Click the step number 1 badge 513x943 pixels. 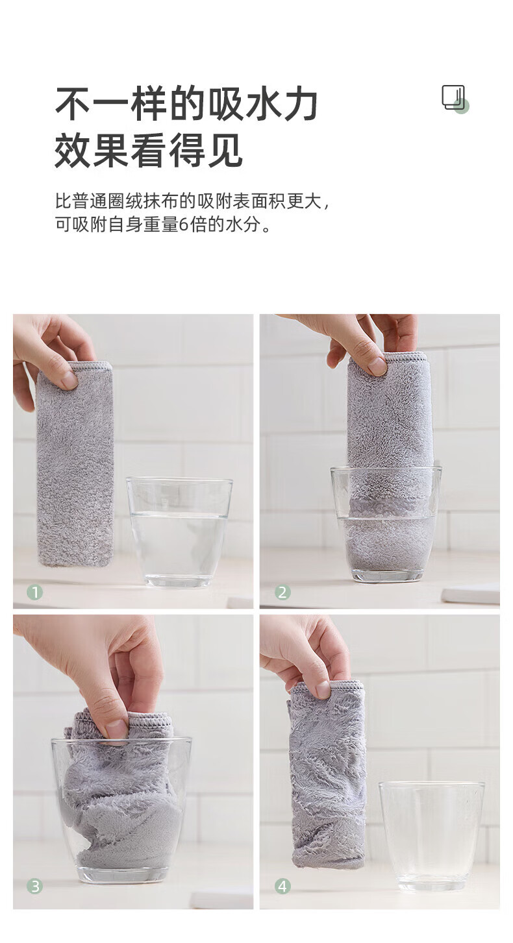(x=35, y=593)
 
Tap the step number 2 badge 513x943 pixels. (x=282, y=593)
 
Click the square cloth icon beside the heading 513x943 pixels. (x=455, y=99)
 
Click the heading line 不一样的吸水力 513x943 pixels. (x=186, y=104)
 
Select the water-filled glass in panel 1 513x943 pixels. (x=179, y=532)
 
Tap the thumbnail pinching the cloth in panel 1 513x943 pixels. (x=69, y=380)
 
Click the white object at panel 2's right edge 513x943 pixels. (x=471, y=594)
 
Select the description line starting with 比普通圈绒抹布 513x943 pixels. (x=192, y=201)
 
